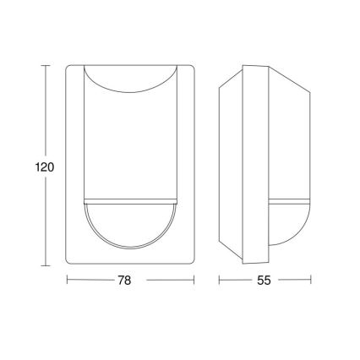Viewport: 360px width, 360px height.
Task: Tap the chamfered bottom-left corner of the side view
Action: point(229,248)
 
